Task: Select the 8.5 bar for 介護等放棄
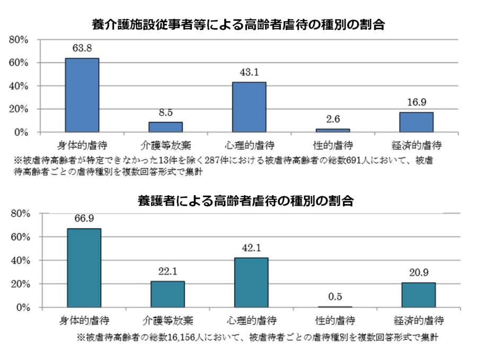coord(165,127)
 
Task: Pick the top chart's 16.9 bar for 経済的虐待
coord(416,122)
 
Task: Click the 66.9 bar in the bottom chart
coord(84,268)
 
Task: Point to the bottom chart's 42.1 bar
coord(251,283)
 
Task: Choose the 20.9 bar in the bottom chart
coord(418,295)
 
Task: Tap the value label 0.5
coord(334,296)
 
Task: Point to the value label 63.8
coord(82,49)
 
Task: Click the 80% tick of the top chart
coord(25,40)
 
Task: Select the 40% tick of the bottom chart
coord(25,260)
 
